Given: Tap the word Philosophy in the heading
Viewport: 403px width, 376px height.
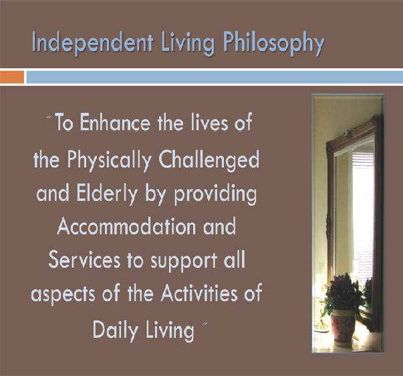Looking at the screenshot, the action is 273,43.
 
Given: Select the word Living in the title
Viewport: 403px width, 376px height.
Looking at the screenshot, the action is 188,43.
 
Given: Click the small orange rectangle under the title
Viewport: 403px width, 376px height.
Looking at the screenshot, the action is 12,77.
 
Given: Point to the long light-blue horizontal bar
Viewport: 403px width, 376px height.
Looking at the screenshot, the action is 215,77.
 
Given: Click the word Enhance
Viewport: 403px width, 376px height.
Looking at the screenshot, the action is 115,122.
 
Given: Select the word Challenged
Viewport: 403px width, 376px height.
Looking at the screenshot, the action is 209,160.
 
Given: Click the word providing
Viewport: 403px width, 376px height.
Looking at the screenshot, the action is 215,194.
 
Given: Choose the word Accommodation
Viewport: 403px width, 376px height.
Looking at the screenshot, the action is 126,226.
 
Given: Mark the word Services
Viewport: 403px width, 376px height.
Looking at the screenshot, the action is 84,259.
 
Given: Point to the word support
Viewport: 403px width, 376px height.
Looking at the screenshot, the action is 184,261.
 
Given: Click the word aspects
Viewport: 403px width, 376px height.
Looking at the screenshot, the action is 63,295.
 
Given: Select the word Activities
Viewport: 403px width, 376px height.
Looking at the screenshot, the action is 199,293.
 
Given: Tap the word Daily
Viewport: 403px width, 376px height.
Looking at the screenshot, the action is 115,331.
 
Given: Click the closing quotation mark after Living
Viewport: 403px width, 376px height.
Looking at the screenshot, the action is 205,324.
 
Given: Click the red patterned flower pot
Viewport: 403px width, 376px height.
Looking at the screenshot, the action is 343,325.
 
